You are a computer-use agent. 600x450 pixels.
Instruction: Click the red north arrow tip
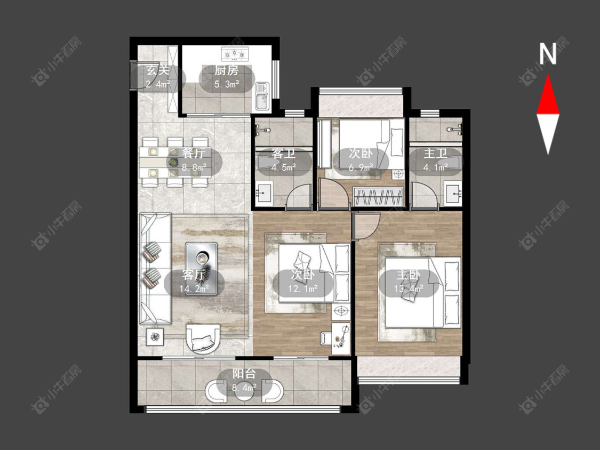(x=548, y=75)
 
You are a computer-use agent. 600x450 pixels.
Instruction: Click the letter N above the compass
(x=548, y=54)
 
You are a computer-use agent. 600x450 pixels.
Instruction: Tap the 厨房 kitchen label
(x=227, y=70)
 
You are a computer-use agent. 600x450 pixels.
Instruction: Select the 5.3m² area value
(x=227, y=84)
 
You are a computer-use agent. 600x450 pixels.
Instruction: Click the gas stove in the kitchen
(x=235, y=53)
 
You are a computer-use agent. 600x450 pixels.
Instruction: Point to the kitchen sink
(x=262, y=97)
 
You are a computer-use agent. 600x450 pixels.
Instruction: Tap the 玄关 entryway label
(x=158, y=70)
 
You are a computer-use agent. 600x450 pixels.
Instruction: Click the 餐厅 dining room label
(x=194, y=154)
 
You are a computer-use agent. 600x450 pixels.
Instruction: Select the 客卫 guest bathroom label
(x=284, y=154)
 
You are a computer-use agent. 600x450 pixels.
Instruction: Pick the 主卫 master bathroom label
(x=435, y=154)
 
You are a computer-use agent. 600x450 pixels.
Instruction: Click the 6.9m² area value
(x=361, y=167)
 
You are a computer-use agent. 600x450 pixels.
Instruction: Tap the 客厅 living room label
(x=194, y=275)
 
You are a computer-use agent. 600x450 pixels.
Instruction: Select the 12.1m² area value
(x=303, y=289)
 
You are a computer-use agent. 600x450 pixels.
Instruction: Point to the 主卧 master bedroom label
(x=409, y=275)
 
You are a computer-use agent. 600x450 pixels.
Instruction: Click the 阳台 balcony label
(x=244, y=373)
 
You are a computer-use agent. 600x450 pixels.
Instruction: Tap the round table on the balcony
(x=244, y=391)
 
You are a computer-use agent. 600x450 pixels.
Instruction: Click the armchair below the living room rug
(x=203, y=338)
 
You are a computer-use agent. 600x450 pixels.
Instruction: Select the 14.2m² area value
(x=194, y=289)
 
